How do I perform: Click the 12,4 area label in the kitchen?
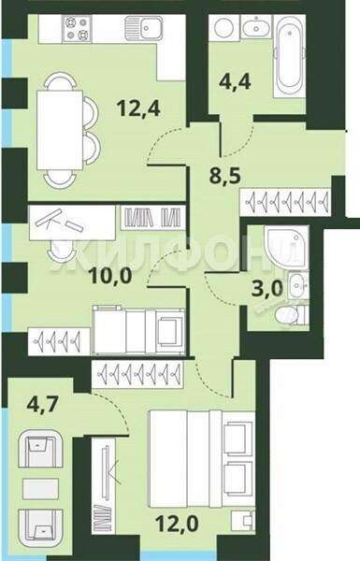pyautogui.click(x=138, y=108)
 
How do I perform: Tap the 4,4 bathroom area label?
pyautogui.click(x=235, y=81)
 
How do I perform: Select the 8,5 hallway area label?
pyautogui.click(x=224, y=176)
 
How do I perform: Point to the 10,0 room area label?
pyautogui.click(x=111, y=276)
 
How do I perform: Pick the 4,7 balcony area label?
pyautogui.click(x=42, y=405)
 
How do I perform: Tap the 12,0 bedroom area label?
pyautogui.click(x=177, y=525)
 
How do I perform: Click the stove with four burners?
pyautogui.click(x=77, y=29)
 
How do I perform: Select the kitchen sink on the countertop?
pyautogui.click(x=144, y=27)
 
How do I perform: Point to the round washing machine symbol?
pyautogui.click(x=224, y=27)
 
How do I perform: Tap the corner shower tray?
pyautogui.click(x=286, y=247)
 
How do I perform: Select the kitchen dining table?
pyautogui.click(x=60, y=130)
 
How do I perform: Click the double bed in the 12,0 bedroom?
pyautogui.click(x=202, y=459)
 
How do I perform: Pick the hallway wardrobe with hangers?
pyautogui.click(x=285, y=202)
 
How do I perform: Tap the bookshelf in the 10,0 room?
pyautogui.click(x=152, y=218)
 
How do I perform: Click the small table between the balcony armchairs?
pyautogui.click(x=40, y=488)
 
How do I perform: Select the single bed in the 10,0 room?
pyautogui.click(x=138, y=331)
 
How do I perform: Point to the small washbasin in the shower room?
pyautogui.click(x=297, y=285)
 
